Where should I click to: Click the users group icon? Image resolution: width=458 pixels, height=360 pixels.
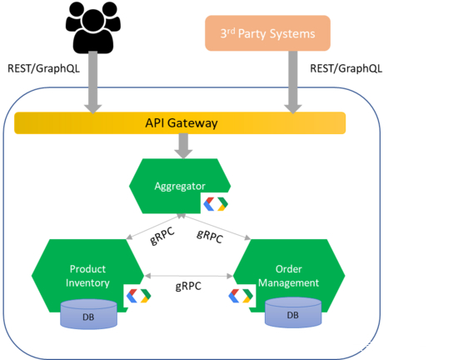(93, 27)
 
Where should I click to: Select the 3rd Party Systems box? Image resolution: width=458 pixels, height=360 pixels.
(267, 33)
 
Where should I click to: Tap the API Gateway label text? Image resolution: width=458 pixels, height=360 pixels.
(182, 123)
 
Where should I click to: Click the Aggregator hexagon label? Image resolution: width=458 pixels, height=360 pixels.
(180, 186)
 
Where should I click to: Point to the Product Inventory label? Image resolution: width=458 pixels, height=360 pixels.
(87, 276)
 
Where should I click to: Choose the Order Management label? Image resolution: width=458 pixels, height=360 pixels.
(289, 276)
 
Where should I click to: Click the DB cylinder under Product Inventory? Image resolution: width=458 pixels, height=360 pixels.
(88, 314)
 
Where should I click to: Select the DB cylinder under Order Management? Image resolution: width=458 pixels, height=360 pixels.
(293, 312)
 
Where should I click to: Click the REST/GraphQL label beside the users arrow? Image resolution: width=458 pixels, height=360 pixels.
(43, 68)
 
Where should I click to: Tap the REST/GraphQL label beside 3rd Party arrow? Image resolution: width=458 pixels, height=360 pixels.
(346, 68)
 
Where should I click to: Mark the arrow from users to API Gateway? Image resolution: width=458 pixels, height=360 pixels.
(93, 82)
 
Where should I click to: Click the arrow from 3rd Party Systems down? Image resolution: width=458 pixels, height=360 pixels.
(293, 82)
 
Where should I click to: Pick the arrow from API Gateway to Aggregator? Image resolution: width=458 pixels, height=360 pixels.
(183, 146)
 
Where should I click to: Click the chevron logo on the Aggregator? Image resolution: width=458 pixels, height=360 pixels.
(216, 203)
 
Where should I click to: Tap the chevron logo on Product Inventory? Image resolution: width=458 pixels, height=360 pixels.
(138, 296)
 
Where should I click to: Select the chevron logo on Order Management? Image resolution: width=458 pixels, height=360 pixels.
(241, 296)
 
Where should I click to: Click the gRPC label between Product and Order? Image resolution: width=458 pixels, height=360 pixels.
(188, 286)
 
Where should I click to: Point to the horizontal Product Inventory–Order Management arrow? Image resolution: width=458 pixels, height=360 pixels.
(189, 276)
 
